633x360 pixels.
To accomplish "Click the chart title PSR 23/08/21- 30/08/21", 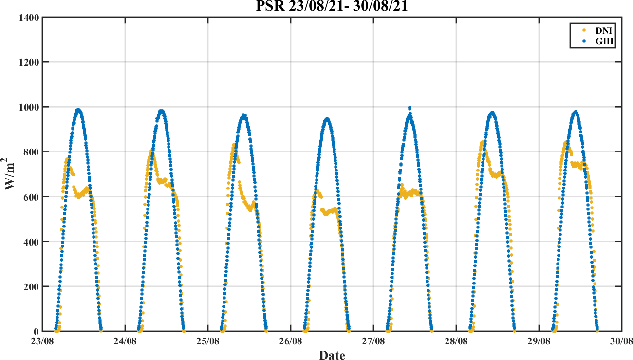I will pyautogui.click(x=332, y=7).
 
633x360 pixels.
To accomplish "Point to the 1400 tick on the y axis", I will pyautogui.click(x=30, y=18).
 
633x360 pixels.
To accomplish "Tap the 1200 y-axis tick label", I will pyautogui.click(x=30, y=62).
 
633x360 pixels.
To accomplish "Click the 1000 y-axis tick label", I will pyautogui.click(x=30, y=107).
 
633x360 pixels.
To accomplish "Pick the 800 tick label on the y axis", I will pyautogui.click(x=32, y=152).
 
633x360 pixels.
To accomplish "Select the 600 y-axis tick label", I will pyautogui.click(x=32, y=197).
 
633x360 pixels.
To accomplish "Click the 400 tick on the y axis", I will pyautogui.click(x=32, y=242).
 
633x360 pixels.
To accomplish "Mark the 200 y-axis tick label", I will pyautogui.click(x=32, y=286).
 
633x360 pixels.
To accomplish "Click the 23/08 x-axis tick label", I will pyautogui.click(x=43, y=341).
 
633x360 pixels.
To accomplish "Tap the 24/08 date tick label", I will pyautogui.click(x=125, y=341).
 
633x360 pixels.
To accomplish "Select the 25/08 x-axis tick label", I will pyautogui.click(x=208, y=341).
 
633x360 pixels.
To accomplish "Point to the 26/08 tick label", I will pyautogui.click(x=291, y=341).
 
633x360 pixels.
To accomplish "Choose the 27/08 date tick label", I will pyautogui.click(x=373, y=341).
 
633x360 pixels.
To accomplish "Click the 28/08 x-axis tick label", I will pyautogui.click(x=456, y=341).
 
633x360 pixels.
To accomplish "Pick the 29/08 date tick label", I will pyautogui.click(x=539, y=341).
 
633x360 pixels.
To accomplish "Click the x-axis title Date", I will pyautogui.click(x=332, y=355).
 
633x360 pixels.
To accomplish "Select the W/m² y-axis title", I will pyautogui.click(x=11, y=174).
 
